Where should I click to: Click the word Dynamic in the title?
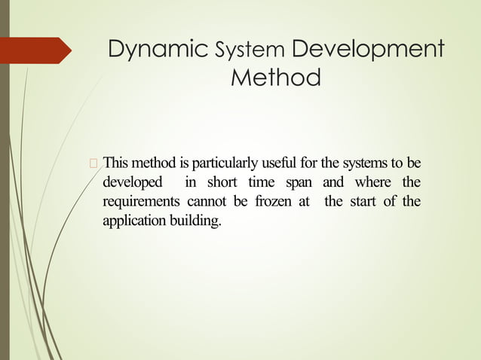pyautogui.click(x=158, y=50)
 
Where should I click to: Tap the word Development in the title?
pyautogui.click(x=367, y=50)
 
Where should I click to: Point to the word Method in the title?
pyautogui.click(x=276, y=78)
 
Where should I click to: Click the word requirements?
pyautogui.click(x=141, y=203)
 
